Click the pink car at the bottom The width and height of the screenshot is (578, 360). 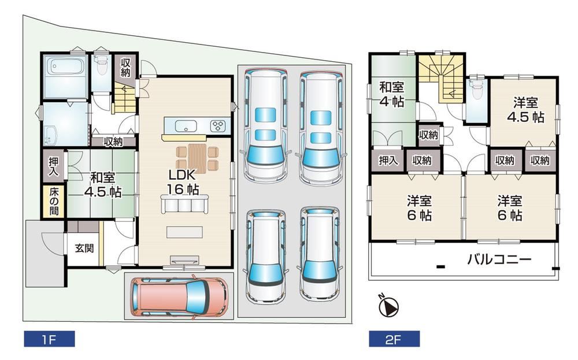click(x=180, y=297)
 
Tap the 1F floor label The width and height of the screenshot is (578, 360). click(x=49, y=339)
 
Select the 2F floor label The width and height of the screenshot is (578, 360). click(x=394, y=339)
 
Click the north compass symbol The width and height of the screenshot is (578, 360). click(x=388, y=306)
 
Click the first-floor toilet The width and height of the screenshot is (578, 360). click(x=101, y=65)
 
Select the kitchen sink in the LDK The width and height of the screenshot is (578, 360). click(x=186, y=126)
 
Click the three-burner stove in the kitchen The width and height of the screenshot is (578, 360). click(x=218, y=125)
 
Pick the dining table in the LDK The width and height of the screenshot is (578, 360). click(x=197, y=158)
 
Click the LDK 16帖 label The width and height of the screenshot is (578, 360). click(x=183, y=182)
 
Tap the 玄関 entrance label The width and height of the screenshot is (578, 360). click(x=84, y=248)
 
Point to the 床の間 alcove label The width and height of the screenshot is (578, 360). click(x=54, y=202)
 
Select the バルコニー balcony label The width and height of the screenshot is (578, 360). click(x=499, y=259)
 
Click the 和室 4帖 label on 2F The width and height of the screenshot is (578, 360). click(x=392, y=94)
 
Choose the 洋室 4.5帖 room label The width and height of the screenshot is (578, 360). click(x=525, y=109)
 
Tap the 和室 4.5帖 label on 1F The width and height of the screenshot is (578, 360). click(x=103, y=184)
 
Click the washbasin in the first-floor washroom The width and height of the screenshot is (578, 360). click(x=49, y=136)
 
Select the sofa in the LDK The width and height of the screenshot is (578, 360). click(x=185, y=203)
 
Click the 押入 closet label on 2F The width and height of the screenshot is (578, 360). click(x=388, y=160)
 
